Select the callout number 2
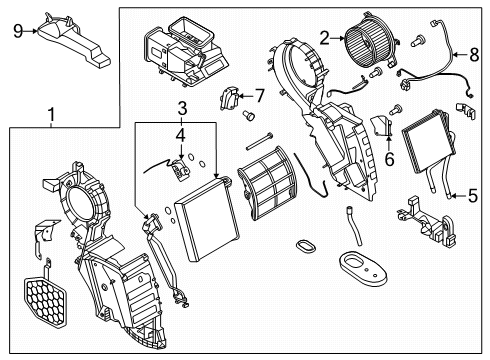point(324,38)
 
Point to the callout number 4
point(180,132)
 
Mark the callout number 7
point(258,96)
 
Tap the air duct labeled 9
point(75,40)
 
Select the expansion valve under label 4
point(180,170)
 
